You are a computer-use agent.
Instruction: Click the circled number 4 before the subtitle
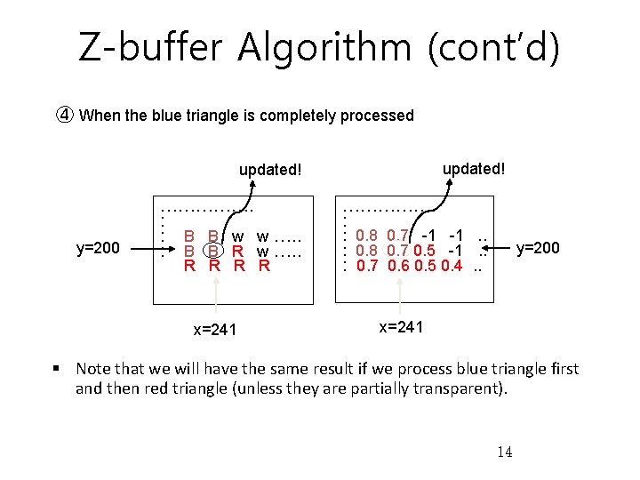point(65,116)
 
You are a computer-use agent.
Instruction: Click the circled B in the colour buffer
point(213,251)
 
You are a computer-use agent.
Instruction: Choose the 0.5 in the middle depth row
point(425,251)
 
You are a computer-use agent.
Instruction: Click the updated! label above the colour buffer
point(271,169)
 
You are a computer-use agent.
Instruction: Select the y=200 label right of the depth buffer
point(539,248)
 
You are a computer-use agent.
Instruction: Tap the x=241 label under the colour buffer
point(215,330)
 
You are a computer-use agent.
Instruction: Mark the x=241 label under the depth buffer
point(401,326)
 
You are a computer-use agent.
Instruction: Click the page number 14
point(504,452)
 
